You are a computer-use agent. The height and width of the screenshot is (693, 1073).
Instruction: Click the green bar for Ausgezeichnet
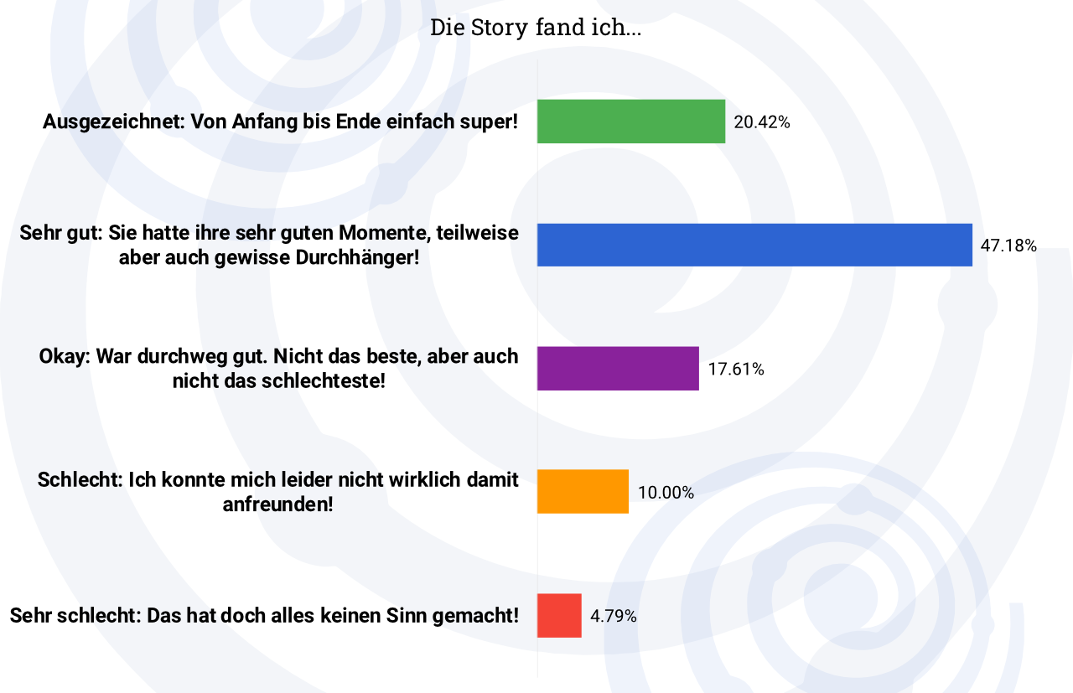[x=630, y=122]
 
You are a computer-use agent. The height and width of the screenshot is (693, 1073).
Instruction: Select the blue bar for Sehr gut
[x=754, y=245]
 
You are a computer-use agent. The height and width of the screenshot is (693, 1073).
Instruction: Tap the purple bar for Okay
[x=618, y=368]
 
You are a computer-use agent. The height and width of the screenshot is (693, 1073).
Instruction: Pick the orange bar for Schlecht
[x=583, y=491]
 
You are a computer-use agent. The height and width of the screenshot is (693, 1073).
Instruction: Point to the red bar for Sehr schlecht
[x=559, y=615]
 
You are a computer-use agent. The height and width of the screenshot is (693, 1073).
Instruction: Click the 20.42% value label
[x=762, y=122]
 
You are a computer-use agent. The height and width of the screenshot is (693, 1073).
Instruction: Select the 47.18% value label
[x=1009, y=246]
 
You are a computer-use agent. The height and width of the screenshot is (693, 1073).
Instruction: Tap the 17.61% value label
[x=736, y=369]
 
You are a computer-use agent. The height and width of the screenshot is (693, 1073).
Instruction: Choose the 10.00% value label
[x=666, y=493]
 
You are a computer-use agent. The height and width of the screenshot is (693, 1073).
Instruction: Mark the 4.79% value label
[x=614, y=616]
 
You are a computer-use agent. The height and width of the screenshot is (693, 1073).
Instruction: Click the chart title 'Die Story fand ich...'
[x=536, y=28]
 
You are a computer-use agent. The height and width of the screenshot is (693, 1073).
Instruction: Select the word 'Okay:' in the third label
[x=65, y=356]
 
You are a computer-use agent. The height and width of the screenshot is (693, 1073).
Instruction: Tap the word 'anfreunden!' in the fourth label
[x=277, y=505]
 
